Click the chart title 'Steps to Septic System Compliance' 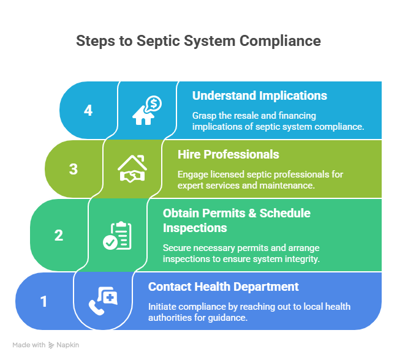[x=198, y=41]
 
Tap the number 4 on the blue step [x=88, y=110]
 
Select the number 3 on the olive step [x=74, y=169]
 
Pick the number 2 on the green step [x=59, y=235]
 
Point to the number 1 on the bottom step [x=43, y=301]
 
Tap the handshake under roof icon [x=132, y=170]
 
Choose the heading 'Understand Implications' [x=259, y=96]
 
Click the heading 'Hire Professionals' [x=228, y=154]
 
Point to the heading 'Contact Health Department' [x=224, y=287]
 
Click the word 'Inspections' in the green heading [x=195, y=228]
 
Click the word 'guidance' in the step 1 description [x=231, y=317]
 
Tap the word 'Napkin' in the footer [x=69, y=345]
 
